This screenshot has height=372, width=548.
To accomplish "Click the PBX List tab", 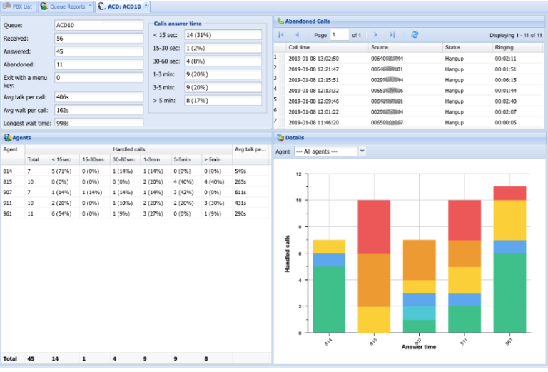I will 19,6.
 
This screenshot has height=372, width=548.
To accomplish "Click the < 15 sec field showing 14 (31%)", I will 222,35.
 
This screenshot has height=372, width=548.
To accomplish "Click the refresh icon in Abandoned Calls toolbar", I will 415,34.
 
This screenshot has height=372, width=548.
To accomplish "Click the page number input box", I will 339,34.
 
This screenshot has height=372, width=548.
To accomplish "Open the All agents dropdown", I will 330,151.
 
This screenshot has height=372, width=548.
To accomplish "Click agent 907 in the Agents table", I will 8,193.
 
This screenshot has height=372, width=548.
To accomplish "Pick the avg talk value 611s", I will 243,193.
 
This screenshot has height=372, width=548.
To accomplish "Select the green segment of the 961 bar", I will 509,293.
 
